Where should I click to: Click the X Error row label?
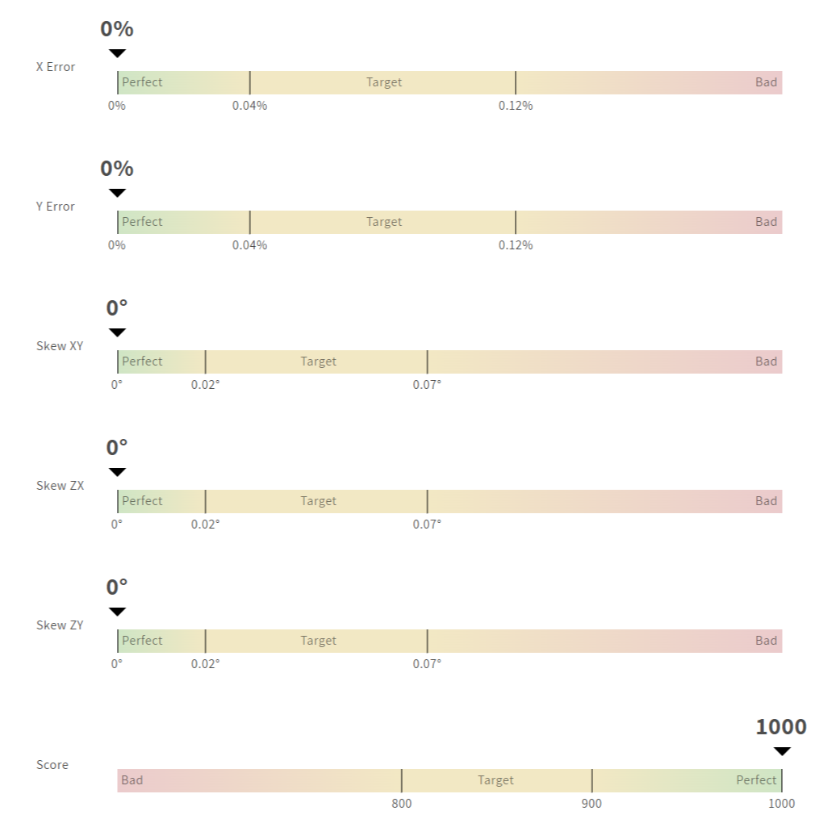coord(56,67)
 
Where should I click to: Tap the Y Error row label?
coord(56,207)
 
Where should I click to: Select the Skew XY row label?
coord(60,346)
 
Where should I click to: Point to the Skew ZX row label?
coord(60,486)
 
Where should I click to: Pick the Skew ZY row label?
coord(60,625)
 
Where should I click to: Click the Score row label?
coord(52,765)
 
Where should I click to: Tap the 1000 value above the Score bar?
coord(781,727)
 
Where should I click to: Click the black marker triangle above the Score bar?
coord(782,751)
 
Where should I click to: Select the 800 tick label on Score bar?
coord(402,804)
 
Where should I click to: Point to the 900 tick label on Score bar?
coord(591,804)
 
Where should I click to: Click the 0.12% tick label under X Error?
coord(516,106)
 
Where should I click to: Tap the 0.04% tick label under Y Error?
coord(249,245)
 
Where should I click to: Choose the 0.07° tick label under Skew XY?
coord(427,385)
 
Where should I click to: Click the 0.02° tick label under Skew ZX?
coord(205,524)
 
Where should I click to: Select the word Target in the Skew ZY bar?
coord(318,641)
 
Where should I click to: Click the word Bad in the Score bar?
coord(132,780)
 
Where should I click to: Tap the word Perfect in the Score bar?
coord(756,780)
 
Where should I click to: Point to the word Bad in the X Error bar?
coord(766,82)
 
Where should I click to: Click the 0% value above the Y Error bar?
coord(117,169)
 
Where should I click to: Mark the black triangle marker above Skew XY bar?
coord(117,332)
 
